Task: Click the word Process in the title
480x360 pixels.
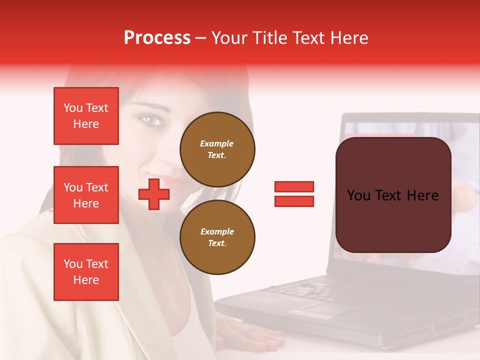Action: click(x=157, y=38)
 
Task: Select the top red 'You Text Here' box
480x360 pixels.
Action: click(x=86, y=116)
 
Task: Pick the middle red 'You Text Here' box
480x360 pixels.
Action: click(x=86, y=195)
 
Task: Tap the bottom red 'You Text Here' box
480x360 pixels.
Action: click(x=86, y=271)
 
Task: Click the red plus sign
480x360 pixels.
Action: click(x=154, y=193)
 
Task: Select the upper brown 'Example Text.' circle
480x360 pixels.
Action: click(x=217, y=149)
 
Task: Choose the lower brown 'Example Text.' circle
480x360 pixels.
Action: click(x=217, y=237)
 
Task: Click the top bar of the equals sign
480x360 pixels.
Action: click(x=294, y=186)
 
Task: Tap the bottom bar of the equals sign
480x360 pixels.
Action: click(x=294, y=201)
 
